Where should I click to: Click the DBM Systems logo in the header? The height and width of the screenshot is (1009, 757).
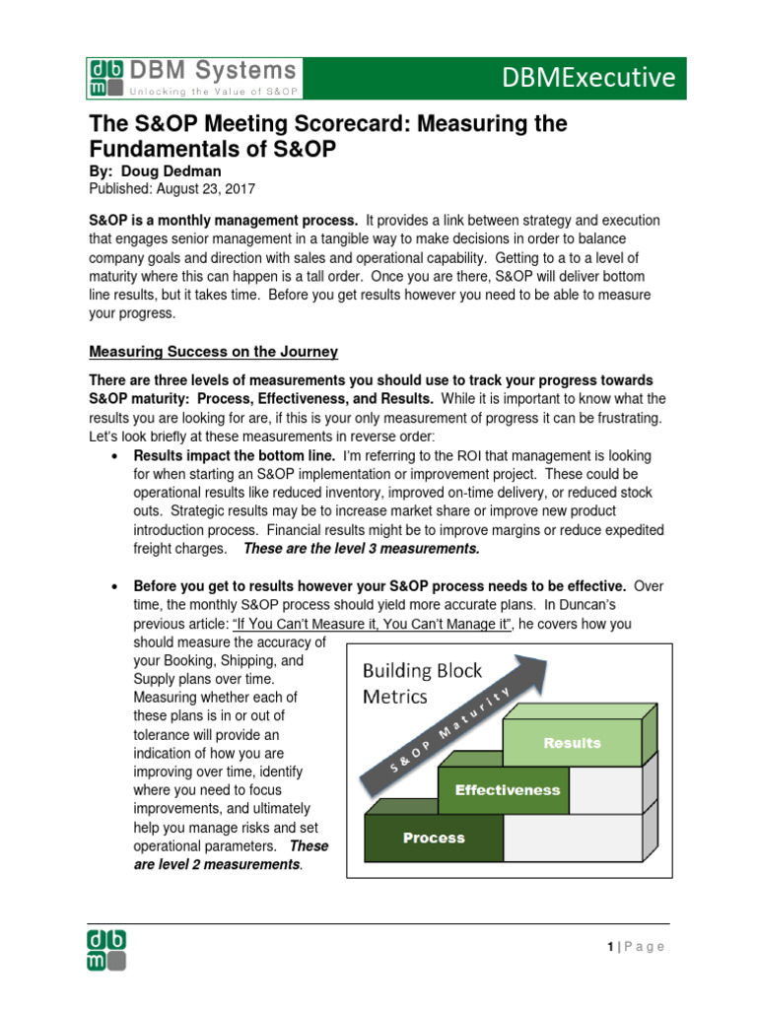pos(193,77)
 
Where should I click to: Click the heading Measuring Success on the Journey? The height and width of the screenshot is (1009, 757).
pos(214,352)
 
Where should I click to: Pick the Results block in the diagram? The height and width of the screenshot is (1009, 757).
pos(572,743)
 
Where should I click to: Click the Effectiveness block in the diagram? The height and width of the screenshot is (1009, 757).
pos(507,790)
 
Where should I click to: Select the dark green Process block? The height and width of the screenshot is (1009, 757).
pos(434,839)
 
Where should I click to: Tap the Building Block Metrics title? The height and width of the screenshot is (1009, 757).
pos(422,684)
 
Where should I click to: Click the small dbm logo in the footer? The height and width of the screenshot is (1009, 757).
pos(106,948)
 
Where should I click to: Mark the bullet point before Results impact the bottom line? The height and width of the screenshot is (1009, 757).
pos(116,457)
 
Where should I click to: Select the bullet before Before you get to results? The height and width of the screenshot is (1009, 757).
pos(116,586)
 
